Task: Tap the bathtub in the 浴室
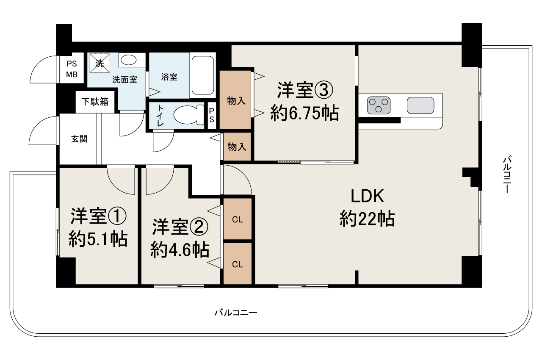click(203, 75)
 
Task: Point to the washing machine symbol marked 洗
click(99, 64)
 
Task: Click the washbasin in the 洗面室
click(128, 60)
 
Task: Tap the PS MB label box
click(72, 69)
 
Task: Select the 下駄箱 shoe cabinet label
click(95, 102)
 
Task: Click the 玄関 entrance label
click(79, 139)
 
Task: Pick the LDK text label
click(367, 197)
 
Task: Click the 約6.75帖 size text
click(304, 113)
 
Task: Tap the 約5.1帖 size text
click(98, 240)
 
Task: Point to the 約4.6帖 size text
click(180, 250)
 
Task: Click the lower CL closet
click(238, 264)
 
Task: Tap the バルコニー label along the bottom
click(236, 313)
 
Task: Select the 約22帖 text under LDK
click(367, 219)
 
